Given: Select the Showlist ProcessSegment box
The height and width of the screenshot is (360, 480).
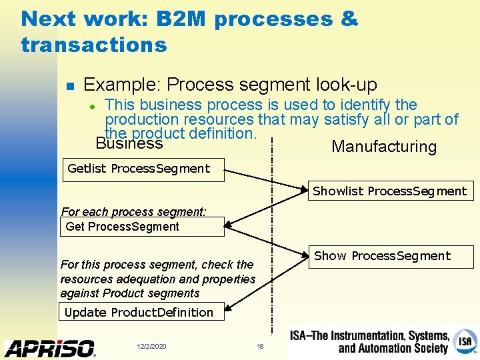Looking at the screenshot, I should (x=390, y=191).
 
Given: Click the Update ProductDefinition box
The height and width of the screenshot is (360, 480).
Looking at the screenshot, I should (x=139, y=312).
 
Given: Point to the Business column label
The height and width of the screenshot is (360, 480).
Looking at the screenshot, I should (x=129, y=143).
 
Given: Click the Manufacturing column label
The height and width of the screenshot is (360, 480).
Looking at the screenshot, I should (x=383, y=147).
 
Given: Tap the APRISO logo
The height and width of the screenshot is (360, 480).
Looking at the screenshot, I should (x=50, y=348).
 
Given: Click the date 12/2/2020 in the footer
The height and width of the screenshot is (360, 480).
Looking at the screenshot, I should (x=151, y=347).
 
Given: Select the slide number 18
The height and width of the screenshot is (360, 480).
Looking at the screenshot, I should (x=261, y=347).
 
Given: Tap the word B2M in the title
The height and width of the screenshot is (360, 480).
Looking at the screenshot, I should (x=181, y=19).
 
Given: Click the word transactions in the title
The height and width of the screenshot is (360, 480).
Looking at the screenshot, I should (x=94, y=45).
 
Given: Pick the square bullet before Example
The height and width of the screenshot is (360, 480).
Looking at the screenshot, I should (x=69, y=86).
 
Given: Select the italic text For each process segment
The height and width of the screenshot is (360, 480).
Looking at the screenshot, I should (x=133, y=212).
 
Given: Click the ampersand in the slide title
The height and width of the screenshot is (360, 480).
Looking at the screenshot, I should (x=349, y=19).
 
